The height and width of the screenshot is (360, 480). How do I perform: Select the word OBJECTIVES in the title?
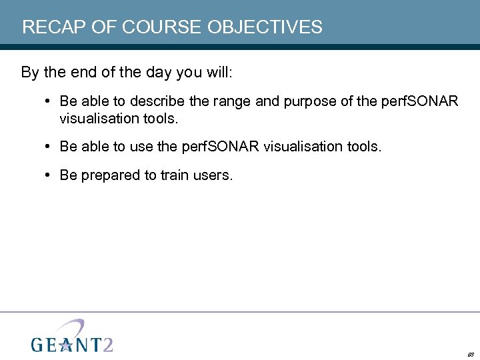(x=265, y=27)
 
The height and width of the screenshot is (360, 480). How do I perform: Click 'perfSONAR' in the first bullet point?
(x=419, y=102)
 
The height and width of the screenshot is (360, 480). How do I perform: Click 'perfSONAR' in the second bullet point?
(x=220, y=147)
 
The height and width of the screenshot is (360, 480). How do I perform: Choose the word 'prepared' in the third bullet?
(x=107, y=176)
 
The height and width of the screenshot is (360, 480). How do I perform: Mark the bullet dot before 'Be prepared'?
(x=49, y=175)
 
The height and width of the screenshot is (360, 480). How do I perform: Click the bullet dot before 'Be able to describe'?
(x=49, y=101)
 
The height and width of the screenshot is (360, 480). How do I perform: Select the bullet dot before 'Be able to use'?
(x=49, y=146)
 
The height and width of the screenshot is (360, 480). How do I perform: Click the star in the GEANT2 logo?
(x=65, y=344)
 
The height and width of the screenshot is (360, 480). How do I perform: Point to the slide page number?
(x=470, y=355)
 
